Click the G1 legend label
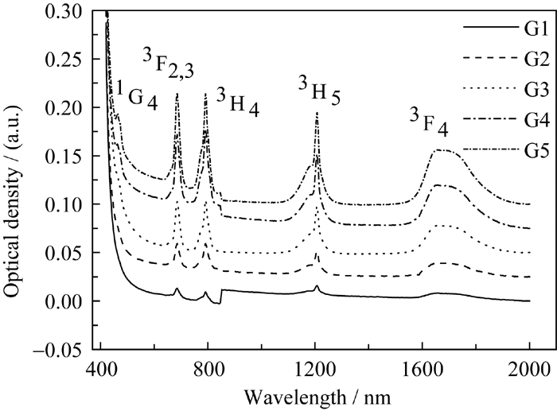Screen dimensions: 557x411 (x=537, y=30)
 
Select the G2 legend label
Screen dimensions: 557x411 (x=537, y=60)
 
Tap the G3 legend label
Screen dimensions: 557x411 (x=537, y=90)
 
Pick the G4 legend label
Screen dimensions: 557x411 (x=537, y=121)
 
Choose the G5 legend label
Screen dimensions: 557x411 (x=537, y=150)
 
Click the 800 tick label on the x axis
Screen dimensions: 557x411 (x=208, y=369)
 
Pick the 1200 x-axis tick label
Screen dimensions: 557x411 (x=315, y=369)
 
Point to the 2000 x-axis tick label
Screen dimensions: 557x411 (x=529, y=369)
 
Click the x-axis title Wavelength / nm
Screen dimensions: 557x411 (x=317, y=397)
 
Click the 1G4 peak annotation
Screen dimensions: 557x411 (x=137, y=95)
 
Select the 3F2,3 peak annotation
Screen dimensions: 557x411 (x=168, y=64)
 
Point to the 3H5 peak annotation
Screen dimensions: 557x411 (x=319, y=91)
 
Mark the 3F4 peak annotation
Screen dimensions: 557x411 (x=429, y=122)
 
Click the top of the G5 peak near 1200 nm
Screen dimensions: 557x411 (x=317, y=112)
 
